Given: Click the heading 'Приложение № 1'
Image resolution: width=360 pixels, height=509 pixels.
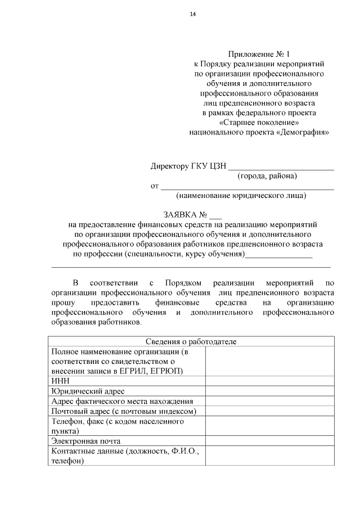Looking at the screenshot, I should (x=259, y=55).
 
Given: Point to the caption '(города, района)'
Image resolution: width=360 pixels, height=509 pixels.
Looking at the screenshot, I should (x=267, y=176).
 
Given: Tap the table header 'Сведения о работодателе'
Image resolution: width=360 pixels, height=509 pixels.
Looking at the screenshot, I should (x=191, y=341).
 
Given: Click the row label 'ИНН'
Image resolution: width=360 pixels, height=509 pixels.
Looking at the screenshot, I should (x=60, y=381).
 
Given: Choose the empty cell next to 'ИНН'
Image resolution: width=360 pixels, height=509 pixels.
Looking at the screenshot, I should (x=270, y=381).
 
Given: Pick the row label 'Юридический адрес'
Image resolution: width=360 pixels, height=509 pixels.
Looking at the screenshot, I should (x=87, y=391).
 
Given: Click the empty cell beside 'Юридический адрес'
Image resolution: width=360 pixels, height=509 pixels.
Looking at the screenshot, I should (x=270, y=391).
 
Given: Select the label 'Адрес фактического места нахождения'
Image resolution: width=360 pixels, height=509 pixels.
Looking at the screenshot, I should (x=122, y=401).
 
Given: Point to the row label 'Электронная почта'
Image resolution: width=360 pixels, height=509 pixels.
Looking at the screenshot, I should (x=85, y=441).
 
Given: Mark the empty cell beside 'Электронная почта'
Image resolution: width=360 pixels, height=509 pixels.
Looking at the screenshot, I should (x=270, y=441).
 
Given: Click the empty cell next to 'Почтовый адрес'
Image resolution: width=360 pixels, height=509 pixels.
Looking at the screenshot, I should (x=270, y=411).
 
